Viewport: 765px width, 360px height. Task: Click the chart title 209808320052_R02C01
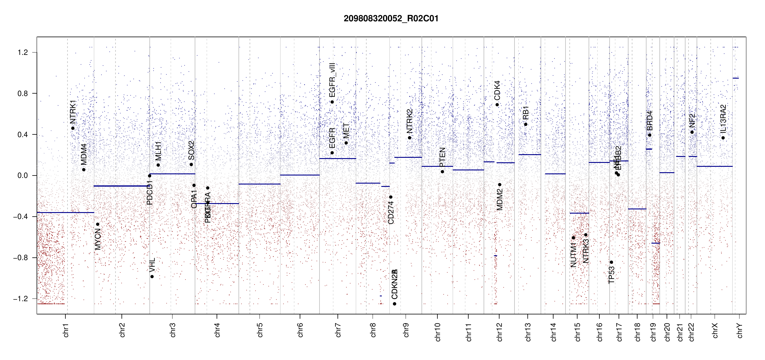[x=391, y=19]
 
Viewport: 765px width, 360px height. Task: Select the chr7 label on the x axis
[x=338, y=330]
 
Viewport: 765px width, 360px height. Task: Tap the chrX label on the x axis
[x=715, y=330]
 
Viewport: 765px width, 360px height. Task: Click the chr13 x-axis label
[x=528, y=332]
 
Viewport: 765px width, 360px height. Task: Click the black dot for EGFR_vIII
[x=332, y=102]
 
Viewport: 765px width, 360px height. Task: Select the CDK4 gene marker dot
[x=497, y=105]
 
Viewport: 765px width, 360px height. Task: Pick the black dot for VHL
[x=152, y=277]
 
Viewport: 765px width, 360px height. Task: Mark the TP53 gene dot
[x=611, y=262]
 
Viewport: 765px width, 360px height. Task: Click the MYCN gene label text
[x=98, y=239]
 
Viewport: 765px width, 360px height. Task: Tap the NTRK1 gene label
[x=73, y=112]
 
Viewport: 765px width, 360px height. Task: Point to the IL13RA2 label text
[x=723, y=119]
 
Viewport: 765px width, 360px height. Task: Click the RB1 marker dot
[x=526, y=124]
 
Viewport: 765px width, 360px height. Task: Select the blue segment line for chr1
[x=65, y=212]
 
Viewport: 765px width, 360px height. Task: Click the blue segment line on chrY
[x=736, y=78]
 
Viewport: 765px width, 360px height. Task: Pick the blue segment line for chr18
[x=637, y=209]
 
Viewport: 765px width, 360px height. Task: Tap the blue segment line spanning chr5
[x=259, y=184]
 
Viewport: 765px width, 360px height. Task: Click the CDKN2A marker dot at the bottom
[x=394, y=304]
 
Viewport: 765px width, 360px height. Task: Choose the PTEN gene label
[x=442, y=157]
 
